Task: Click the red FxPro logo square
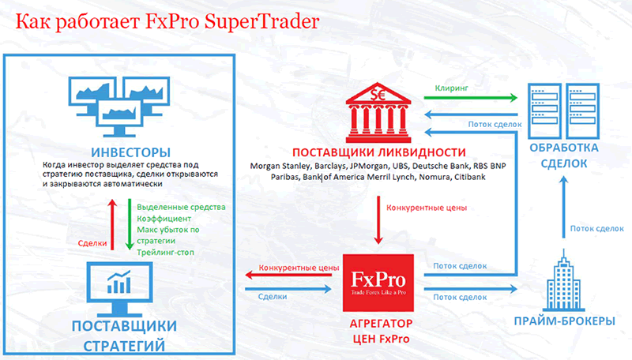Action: [x=378, y=283]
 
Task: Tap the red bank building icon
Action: [x=378, y=113]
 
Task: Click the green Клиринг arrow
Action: [x=470, y=97]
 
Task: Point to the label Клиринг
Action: [x=451, y=88]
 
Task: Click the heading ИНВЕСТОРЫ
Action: [x=130, y=152]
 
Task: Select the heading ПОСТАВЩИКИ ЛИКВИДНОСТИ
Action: [x=379, y=152]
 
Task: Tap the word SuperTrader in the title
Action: [x=262, y=22]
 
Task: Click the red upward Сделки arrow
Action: [x=112, y=224]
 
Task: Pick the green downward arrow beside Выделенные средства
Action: [x=130, y=224]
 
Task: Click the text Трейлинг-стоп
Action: [x=165, y=253]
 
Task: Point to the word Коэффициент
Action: [x=164, y=219]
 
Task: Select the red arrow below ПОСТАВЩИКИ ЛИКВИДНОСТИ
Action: [x=378, y=220]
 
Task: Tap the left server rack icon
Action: [x=544, y=111]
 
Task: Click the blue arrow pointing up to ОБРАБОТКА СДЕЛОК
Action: [x=564, y=207]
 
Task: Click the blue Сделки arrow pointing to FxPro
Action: [x=288, y=289]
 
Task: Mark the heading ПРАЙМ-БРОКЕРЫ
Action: [x=564, y=321]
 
